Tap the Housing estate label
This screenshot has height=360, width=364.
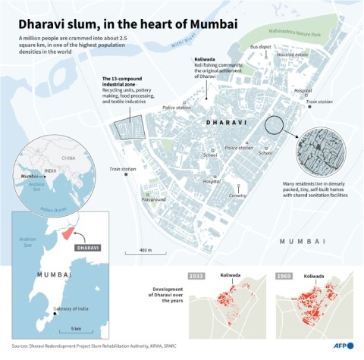coord(292,55)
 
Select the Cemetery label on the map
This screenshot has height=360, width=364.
coord(237,195)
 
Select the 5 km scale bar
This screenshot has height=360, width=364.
coord(76,328)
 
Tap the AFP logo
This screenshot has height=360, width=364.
coord(343,346)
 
